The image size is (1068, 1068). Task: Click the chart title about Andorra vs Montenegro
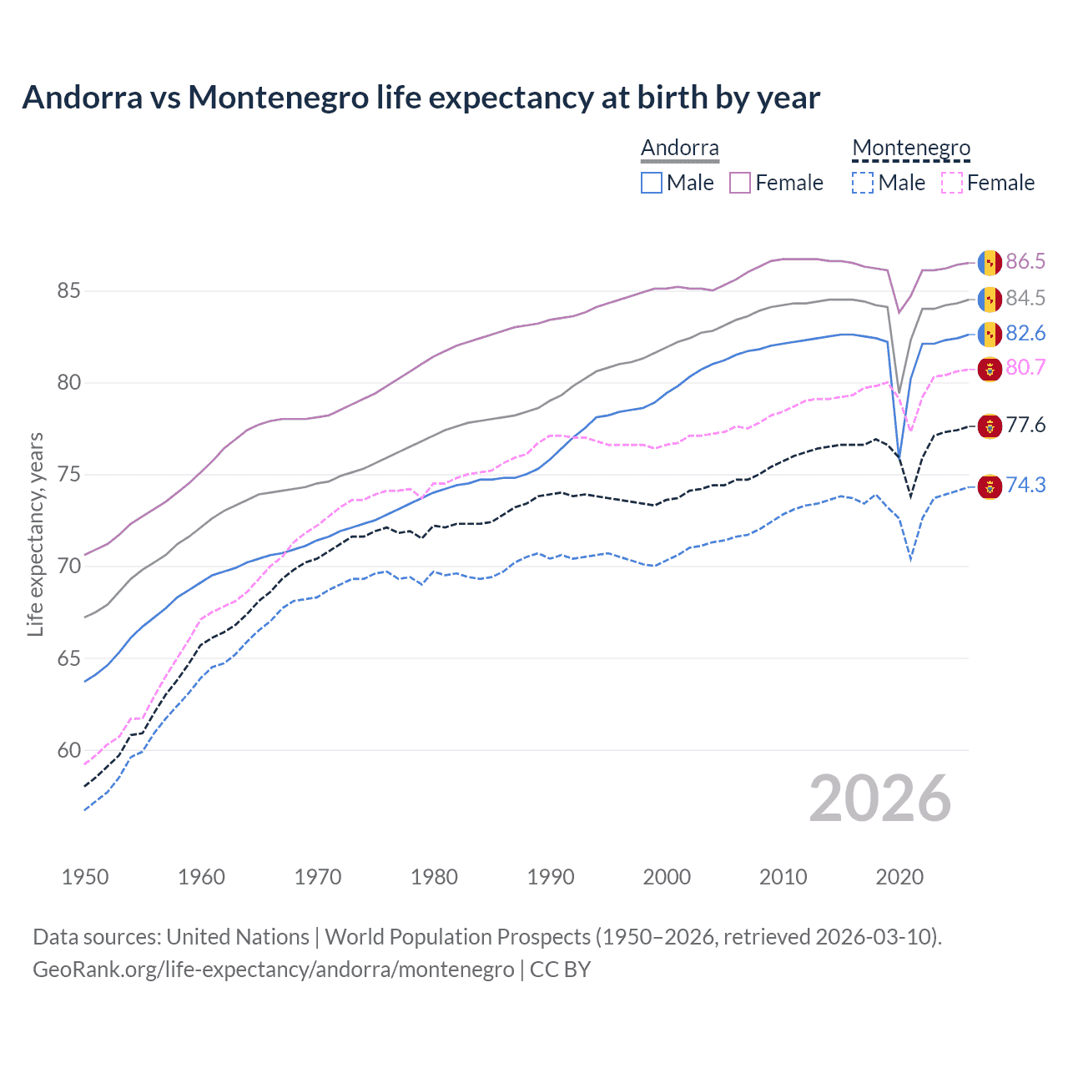tap(421, 98)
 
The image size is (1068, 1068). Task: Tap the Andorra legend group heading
tap(679, 149)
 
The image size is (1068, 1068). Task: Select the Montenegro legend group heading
tap(911, 149)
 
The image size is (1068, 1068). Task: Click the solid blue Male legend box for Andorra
tap(652, 183)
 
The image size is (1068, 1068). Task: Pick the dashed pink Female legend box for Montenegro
tap(952, 183)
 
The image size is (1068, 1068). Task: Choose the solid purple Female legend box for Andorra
tap(740, 183)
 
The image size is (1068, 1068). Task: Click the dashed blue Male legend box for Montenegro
tap(863, 183)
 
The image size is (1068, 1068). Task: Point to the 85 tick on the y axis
tap(68, 291)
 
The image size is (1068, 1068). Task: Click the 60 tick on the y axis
tap(68, 750)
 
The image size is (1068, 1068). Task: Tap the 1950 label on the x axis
tap(85, 877)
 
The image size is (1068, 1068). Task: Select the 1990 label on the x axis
tap(551, 877)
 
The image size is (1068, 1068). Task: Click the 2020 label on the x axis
tap(899, 877)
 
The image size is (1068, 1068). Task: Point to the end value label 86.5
tap(1025, 261)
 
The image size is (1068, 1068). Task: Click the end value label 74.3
tap(1025, 485)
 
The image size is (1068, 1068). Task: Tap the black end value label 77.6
tap(1025, 425)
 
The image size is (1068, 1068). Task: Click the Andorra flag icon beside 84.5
tap(990, 298)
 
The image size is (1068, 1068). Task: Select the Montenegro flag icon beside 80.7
tap(990, 368)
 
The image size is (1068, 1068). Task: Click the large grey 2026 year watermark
tap(880, 798)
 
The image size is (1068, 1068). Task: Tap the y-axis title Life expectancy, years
tap(35, 534)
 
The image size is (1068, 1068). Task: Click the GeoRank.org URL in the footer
tap(273, 970)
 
